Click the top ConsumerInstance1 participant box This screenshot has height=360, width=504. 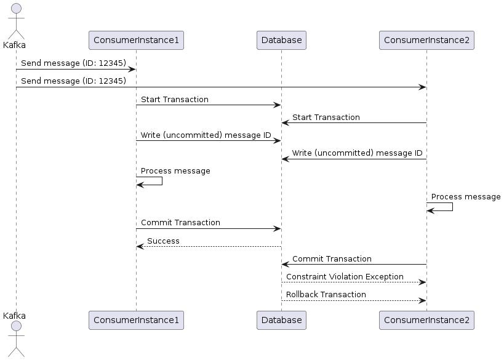pyautogui.click(x=136, y=41)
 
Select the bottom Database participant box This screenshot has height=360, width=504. pyautogui.click(x=281, y=320)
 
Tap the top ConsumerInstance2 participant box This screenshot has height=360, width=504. pyautogui.click(x=426, y=41)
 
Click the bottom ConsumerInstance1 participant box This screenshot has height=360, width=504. pyautogui.click(x=136, y=320)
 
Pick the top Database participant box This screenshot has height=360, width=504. pyautogui.click(x=281, y=41)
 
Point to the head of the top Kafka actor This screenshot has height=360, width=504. pyautogui.click(x=16, y=7)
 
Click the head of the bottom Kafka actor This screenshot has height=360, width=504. pyautogui.click(x=16, y=326)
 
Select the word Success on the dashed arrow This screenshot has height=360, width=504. pyautogui.click(x=163, y=241)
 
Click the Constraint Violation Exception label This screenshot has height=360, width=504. pyautogui.click(x=345, y=277)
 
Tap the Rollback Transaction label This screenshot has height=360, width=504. pyautogui.click(x=326, y=295)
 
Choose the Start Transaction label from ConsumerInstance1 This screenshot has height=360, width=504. pyautogui.click(x=174, y=100)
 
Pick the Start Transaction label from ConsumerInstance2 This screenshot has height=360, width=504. pyautogui.click(x=326, y=118)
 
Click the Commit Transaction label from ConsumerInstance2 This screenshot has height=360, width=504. pyautogui.click(x=332, y=259)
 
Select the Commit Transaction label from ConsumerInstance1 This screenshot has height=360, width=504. pyautogui.click(x=180, y=223)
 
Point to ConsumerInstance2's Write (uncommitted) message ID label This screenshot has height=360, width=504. pyautogui.click(x=357, y=153)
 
